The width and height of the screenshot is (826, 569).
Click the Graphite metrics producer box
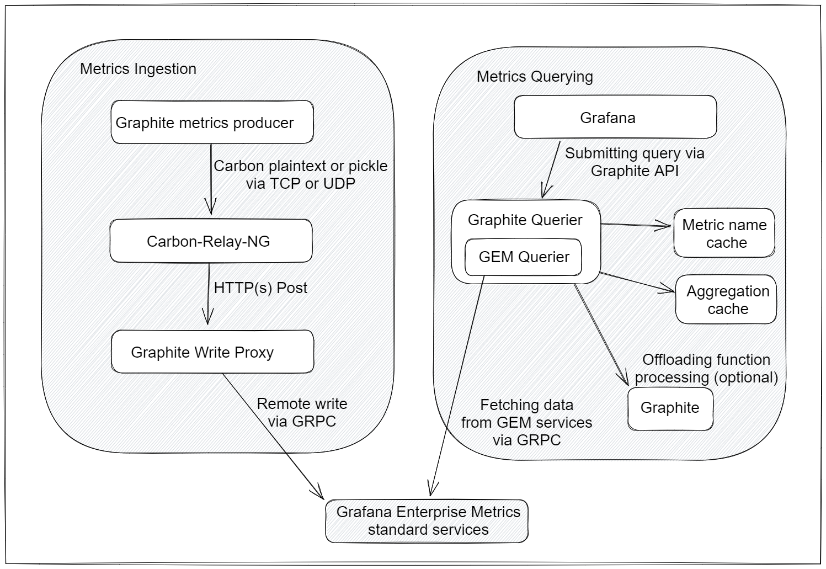[212, 122]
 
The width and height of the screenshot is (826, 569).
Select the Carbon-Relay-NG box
[211, 241]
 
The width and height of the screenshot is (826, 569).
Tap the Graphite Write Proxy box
[212, 352]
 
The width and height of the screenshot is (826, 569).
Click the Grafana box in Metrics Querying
[615, 117]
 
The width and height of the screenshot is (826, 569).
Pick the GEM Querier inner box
[523, 257]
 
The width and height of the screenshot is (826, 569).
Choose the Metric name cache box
[724, 233]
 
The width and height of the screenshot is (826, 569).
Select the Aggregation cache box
[726, 299]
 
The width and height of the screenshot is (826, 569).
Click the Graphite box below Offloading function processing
[670, 408]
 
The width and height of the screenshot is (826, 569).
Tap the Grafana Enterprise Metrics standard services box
[427, 520]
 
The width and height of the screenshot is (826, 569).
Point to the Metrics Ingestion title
[138, 69]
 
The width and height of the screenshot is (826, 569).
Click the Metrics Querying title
[534, 77]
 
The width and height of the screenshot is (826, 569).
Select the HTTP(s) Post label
[260, 288]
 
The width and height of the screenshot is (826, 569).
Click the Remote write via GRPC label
[302, 412]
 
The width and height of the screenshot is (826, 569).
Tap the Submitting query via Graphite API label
[635, 162]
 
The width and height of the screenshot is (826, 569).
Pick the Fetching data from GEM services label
[526, 422]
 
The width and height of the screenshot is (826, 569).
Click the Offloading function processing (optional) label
[706, 368]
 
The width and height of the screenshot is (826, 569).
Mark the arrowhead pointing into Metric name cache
[665, 225]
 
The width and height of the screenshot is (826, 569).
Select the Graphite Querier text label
[525, 220]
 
